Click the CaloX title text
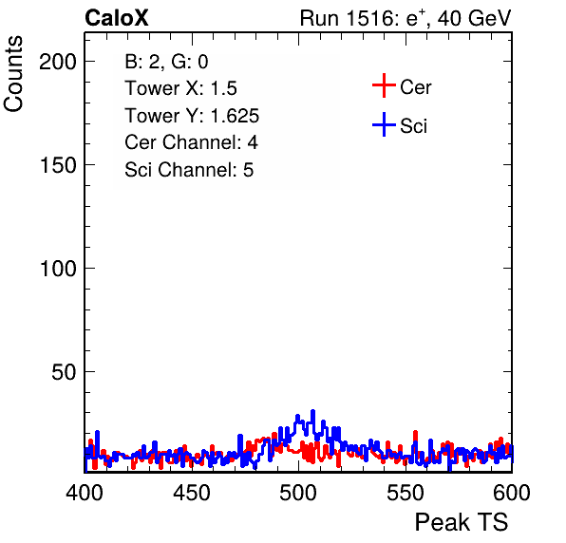(117, 18)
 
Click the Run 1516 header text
(406, 18)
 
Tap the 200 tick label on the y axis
(58, 62)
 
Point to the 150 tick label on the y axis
(58, 165)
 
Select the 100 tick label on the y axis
(58, 269)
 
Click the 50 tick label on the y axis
(64, 372)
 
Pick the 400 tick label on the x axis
(85, 493)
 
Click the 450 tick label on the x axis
(192, 493)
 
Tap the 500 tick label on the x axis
(298, 493)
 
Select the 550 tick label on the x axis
(406, 493)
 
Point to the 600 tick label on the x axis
(512, 493)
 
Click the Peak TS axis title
(462, 522)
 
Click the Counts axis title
(13, 74)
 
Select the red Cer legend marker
(384, 85)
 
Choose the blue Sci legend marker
(384, 124)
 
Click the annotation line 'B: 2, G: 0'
(166, 62)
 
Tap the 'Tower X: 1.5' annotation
(180, 88)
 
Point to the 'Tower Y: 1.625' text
(192, 116)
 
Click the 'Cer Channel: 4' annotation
(191, 142)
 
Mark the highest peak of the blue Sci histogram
(313, 411)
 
